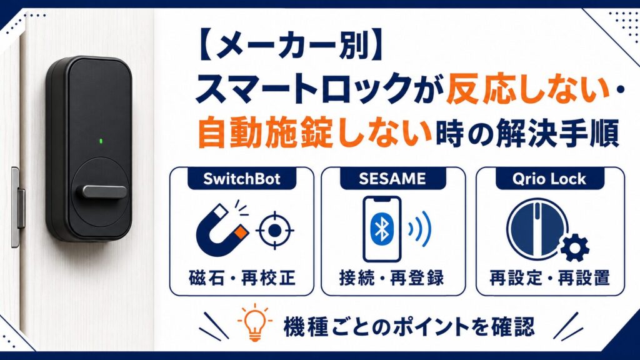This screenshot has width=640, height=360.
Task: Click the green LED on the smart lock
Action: coord(101,142)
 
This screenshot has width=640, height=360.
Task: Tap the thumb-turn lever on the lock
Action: coord(104,191)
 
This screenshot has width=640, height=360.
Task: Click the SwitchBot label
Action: coord(242,179)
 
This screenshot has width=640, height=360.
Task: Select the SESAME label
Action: coord(392,179)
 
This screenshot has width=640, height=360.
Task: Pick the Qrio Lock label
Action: coord(549,179)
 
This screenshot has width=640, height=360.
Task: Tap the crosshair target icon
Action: coord(275,231)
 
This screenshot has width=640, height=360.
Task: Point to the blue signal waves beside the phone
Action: coord(419,229)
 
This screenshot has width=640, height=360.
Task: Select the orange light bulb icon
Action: coord(255,322)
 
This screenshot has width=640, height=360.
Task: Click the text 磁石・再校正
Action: coord(242,278)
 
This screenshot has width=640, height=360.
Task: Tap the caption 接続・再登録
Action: coord(392,278)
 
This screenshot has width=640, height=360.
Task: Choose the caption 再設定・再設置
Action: coord(550,278)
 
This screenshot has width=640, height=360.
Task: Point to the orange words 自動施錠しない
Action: coord(314,132)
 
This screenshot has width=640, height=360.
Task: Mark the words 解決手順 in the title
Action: coord(558,132)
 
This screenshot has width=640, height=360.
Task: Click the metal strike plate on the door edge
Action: coord(16,207)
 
